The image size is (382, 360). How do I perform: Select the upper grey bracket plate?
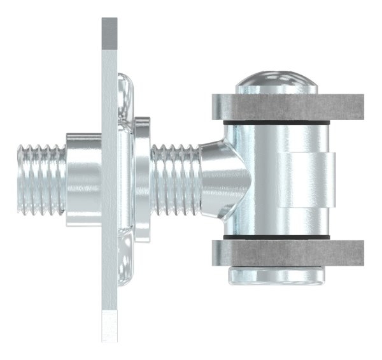286,107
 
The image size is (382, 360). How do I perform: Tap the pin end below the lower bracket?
277,275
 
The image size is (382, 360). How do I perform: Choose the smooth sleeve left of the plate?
83,178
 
